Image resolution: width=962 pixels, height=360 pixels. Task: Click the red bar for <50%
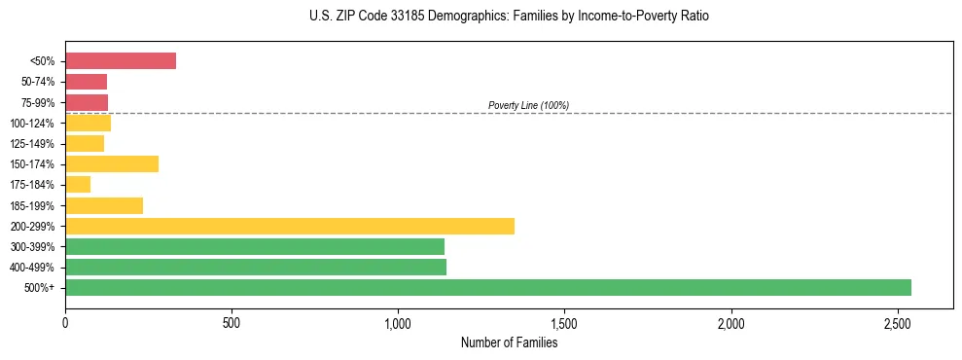click(121, 61)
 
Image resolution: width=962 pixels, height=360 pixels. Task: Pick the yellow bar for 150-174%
click(112, 163)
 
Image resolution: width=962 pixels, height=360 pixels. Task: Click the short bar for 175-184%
click(78, 185)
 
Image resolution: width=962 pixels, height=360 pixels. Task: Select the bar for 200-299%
click(290, 226)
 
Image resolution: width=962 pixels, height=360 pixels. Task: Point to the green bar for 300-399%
click(255, 246)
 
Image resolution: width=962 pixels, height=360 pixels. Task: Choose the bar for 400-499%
click(256, 267)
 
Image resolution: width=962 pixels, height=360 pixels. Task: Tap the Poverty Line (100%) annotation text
click(528, 105)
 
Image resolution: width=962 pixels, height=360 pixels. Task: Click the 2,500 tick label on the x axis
click(897, 322)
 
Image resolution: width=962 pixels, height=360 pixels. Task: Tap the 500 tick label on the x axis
click(232, 322)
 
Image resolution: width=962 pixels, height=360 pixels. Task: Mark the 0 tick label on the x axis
click(65, 322)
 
